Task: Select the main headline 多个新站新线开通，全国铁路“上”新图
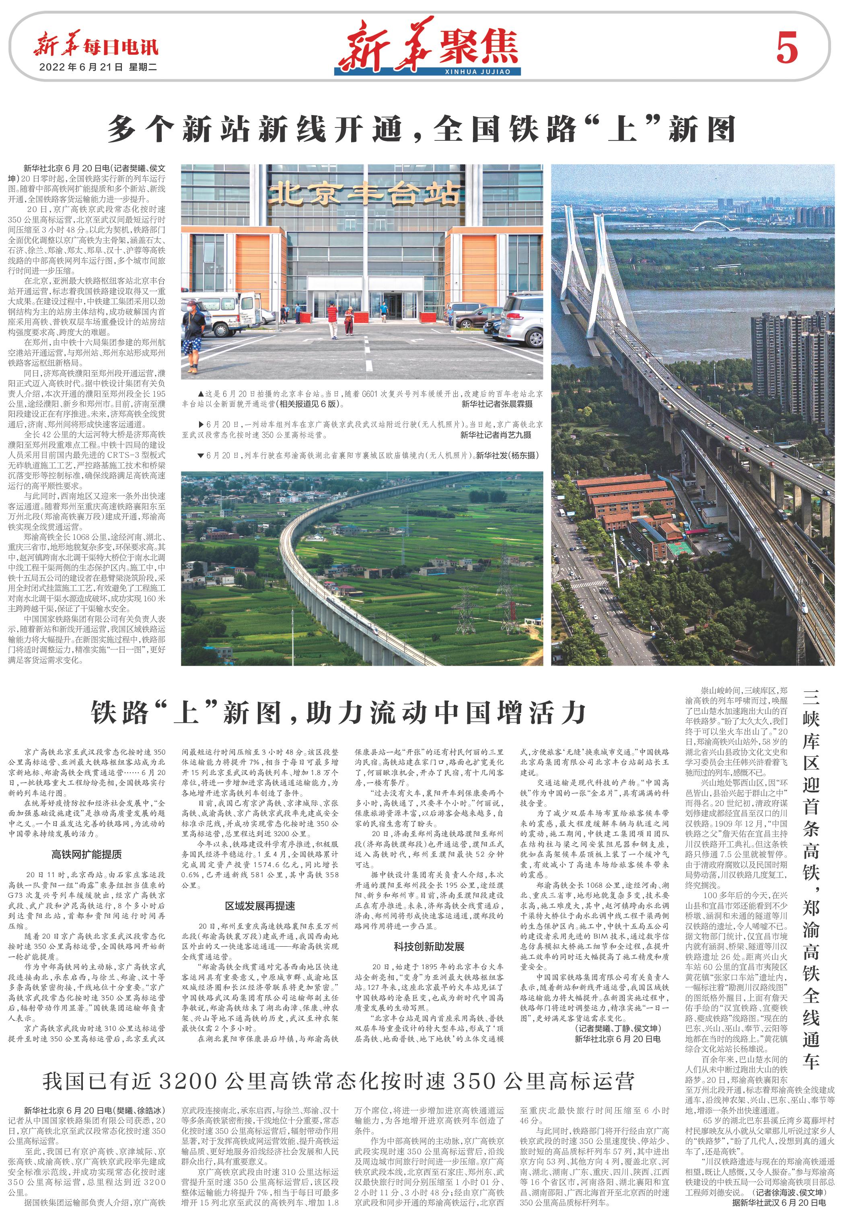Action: point(421,129)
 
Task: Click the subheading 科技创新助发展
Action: point(428,946)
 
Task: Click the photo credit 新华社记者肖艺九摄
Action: point(496,435)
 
